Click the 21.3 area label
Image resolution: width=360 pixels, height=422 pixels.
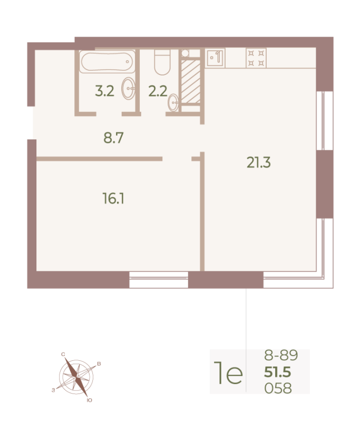coord(258,163)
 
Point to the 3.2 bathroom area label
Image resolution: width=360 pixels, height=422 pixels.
coord(104,91)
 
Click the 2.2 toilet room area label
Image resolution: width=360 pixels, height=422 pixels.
coord(158,91)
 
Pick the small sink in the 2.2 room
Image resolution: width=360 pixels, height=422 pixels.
coord(173,103)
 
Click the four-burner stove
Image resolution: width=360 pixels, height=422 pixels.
coord(256,57)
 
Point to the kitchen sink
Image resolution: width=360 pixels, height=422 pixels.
coord(215,57)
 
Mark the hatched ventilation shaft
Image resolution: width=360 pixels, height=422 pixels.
coord(190,82)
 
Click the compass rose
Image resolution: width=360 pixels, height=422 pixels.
coord(77,377)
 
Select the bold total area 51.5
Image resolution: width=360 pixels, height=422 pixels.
coord(277,373)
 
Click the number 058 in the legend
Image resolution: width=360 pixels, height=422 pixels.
coord(277,389)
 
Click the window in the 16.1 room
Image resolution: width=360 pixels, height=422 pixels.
coord(159,280)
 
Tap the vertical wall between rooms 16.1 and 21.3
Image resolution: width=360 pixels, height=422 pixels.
coord(202,211)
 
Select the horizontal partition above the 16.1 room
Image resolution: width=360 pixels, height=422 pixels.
coord(99,158)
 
